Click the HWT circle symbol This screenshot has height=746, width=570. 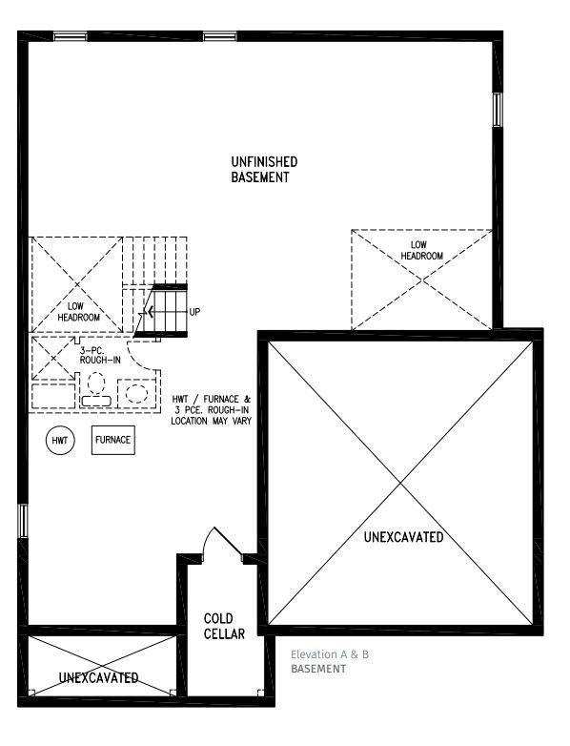click(60, 440)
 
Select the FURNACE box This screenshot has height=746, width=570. click(113, 440)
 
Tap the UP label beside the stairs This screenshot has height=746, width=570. click(194, 312)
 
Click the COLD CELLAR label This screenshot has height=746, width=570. click(224, 626)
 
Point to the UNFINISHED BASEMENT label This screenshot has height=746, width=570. click(264, 170)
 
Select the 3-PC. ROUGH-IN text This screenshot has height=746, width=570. click(100, 356)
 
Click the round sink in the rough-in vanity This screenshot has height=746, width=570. click(136, 394)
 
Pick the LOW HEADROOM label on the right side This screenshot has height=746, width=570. click(421, 250)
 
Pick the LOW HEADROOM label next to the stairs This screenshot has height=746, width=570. click(78, 312)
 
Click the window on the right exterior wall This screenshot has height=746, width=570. click(498, 110)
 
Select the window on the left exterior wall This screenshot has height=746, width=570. click(23, 521)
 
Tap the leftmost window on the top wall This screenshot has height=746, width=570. click(70, 36)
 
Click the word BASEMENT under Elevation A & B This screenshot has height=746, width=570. click(318, 669)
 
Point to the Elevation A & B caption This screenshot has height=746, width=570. click(330, 654)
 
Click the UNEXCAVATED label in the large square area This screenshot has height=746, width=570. click(403, 537)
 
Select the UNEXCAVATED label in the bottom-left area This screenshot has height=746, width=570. click(98, 677)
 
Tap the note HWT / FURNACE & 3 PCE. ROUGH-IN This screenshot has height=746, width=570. click(211, 404)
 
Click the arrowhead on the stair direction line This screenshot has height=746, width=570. click(151, 312)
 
